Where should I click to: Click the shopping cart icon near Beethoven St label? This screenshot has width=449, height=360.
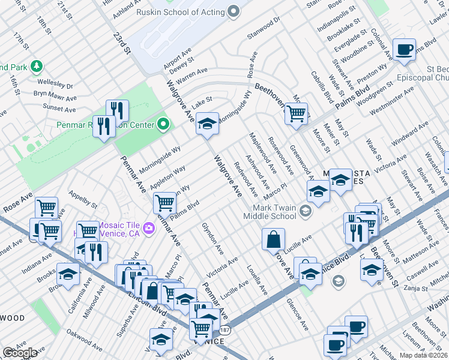pyautogui.click(x=295, y=113)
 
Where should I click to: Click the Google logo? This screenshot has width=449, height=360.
pyautogui.click(x=20, y=353)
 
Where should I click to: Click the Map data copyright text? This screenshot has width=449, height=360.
pyautogui.click(x=424, y=355)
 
